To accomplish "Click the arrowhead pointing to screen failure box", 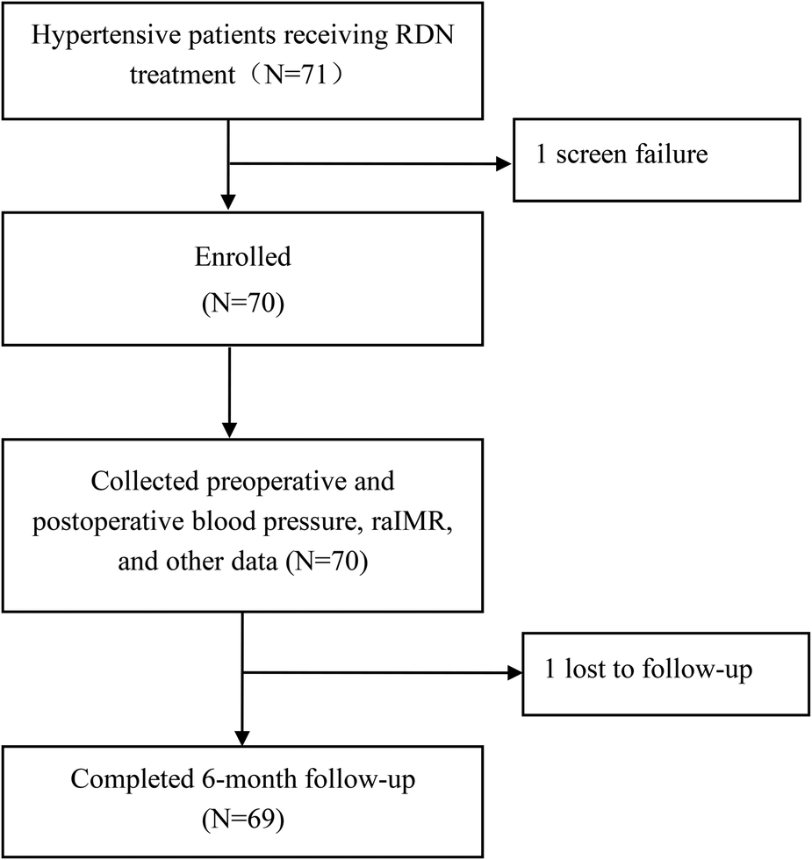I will point(505,163).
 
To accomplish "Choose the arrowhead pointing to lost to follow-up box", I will point(514,673).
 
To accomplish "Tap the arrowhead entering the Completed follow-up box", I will point(241,735).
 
